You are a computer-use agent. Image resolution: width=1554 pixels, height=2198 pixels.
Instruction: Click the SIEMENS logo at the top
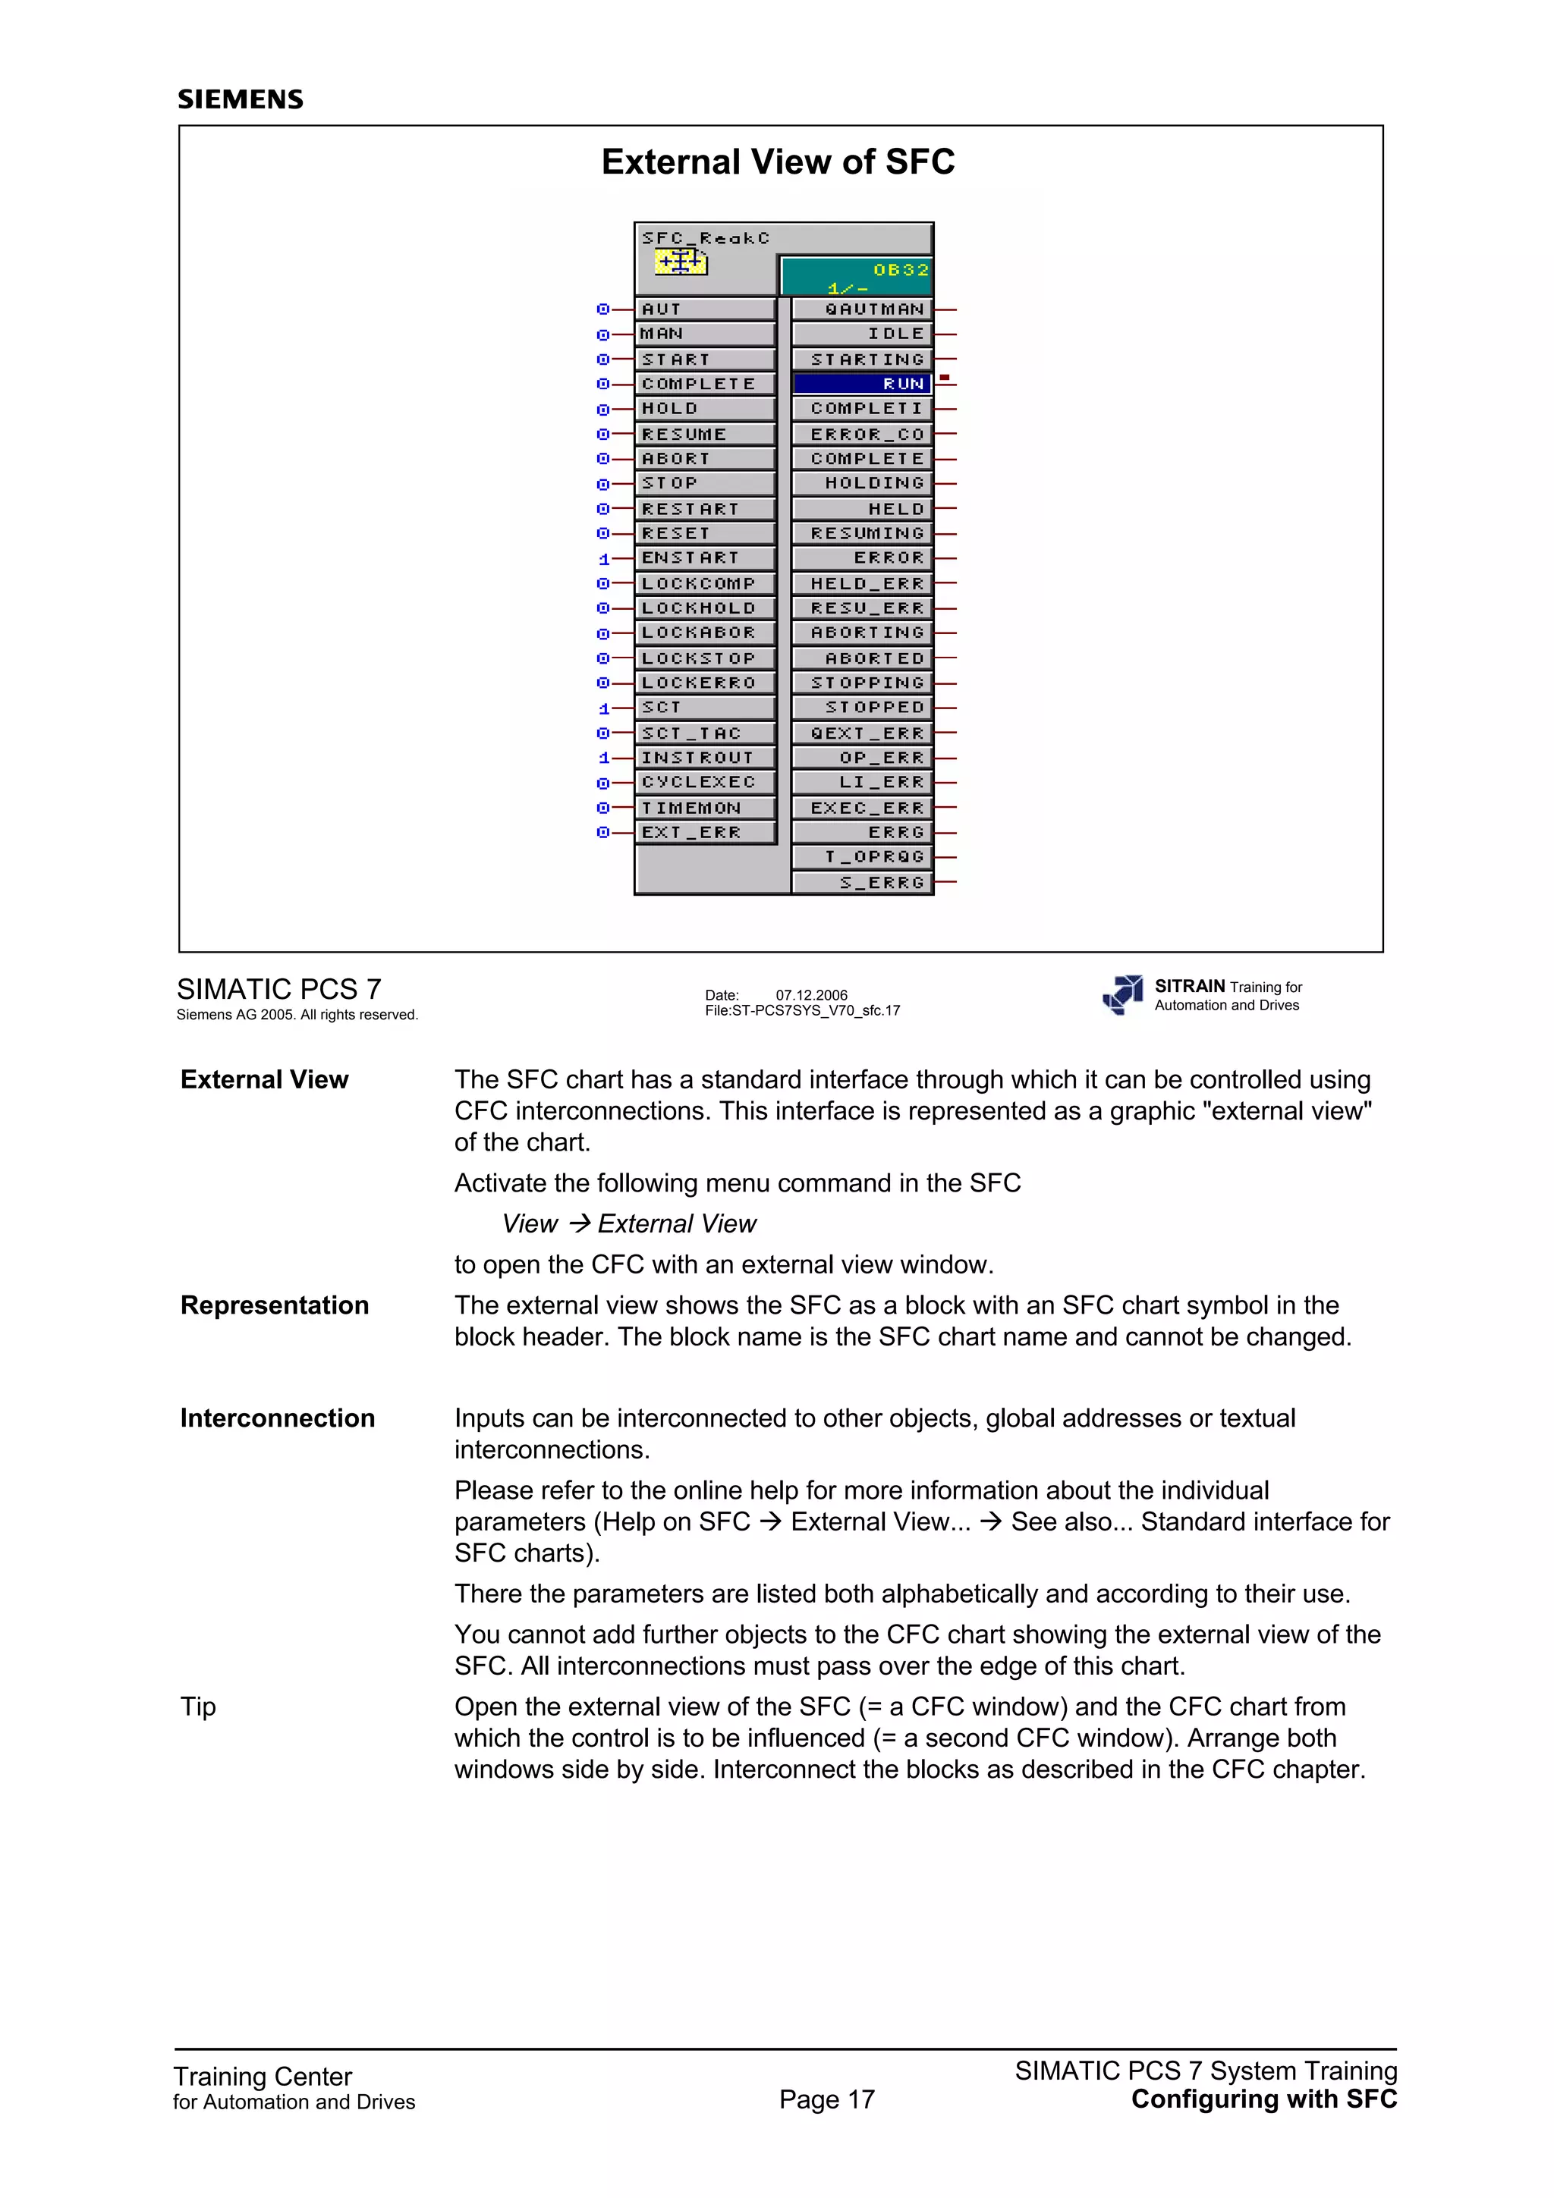pos(241,99)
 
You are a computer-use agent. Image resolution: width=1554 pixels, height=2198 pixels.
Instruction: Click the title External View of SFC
pos(778,162)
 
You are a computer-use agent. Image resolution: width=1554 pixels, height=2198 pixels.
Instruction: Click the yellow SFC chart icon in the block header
pos(681,262)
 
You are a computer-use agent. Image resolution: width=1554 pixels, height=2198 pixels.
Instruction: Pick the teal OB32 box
pos(856,277)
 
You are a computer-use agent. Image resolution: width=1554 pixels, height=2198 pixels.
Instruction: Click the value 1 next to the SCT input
pos(604,709)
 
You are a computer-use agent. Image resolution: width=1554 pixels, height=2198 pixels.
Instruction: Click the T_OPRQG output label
pos(862,857)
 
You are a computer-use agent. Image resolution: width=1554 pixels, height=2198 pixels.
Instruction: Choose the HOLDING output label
pos(862,483)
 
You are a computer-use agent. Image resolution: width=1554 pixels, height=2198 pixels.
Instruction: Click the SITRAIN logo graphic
pos(1123,994)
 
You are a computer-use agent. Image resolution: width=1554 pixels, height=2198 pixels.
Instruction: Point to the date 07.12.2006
pos(811,994)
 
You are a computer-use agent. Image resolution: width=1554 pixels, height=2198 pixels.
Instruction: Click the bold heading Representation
pos(275,1306)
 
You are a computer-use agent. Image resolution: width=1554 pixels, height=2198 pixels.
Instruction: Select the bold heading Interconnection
pos(278,1419)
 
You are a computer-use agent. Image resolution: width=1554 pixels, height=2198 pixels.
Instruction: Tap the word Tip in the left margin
pos(198,1707)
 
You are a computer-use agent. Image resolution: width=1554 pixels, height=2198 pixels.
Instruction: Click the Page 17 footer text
pos(826,2099)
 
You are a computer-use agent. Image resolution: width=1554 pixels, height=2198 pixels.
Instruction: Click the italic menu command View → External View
pos(629,1224)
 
